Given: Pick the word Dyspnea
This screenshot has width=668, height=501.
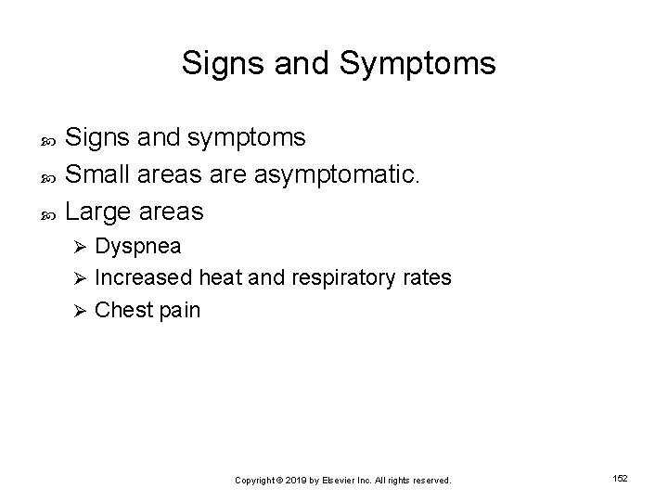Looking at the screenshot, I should (138, 247).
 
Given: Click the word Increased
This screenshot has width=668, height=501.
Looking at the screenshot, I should (144, 277).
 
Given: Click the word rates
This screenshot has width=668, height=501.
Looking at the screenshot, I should (426, 277).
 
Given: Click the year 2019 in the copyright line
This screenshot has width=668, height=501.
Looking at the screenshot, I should (296, 481).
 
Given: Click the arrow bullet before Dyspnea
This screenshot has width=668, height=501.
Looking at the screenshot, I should (81, 248).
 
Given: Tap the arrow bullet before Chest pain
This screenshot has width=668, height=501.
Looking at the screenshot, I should (81, 309).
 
